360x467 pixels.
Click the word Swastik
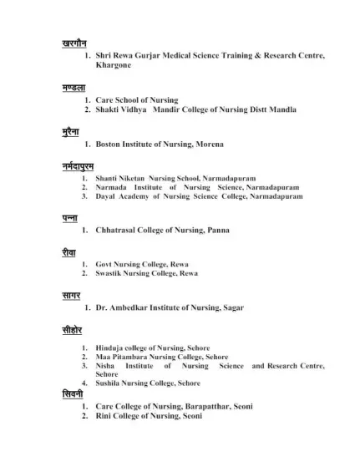pyautogui.click(x=109, y=273)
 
